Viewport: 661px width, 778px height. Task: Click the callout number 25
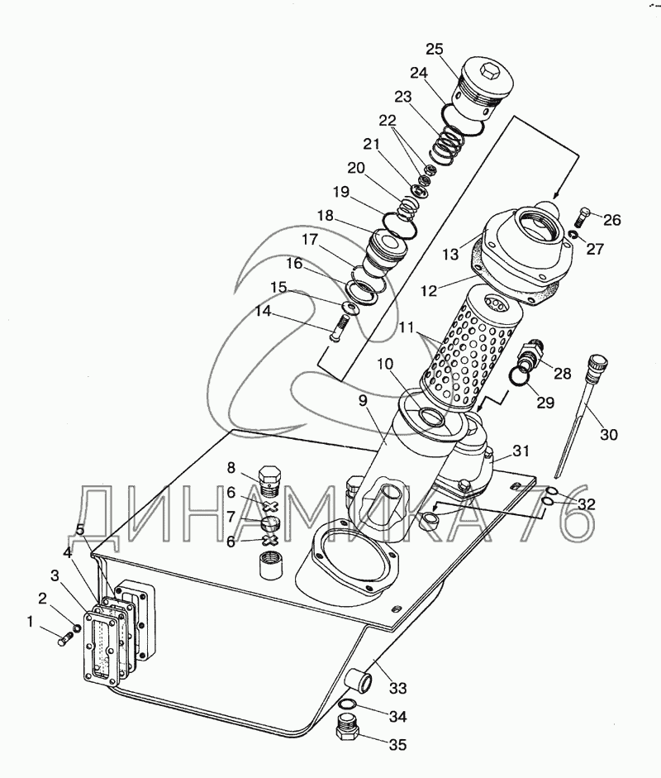(435, 50)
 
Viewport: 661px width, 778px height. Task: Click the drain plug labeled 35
(348, 729)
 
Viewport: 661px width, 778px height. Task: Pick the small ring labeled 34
(348, 704)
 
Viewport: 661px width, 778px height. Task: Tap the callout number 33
(397, 688)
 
